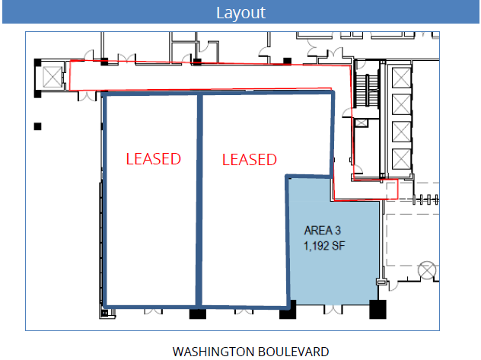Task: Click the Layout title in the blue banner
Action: click(240, 13)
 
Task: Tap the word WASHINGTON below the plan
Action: click(212, 352)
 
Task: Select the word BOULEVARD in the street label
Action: click(293, 352)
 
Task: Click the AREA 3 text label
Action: click(323, 231)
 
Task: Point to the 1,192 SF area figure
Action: click(324, 246)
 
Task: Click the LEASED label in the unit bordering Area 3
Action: click(250, 160)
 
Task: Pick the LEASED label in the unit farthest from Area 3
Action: click(154, 159)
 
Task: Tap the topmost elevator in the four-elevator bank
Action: click(401, 78)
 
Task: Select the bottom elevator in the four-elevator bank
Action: click(401, 159)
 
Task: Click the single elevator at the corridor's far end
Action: click(53, 77)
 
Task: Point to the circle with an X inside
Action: click(427, 270)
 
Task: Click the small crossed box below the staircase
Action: click(361, 123)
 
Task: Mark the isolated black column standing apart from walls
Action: click(38, 126)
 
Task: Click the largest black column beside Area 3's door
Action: click(377, 310)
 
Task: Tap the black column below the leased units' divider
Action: click(198, 314)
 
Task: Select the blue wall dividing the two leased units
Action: click(199, 200)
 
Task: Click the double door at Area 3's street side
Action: click(333, 310)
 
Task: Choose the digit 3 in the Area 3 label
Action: click(338, 231)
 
